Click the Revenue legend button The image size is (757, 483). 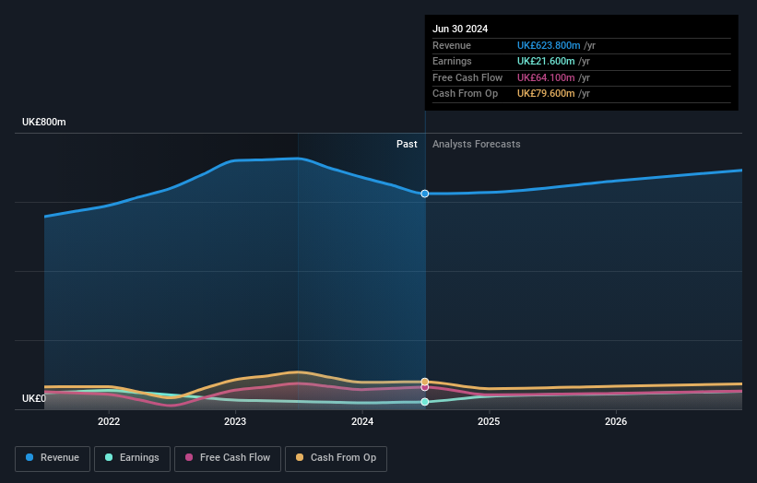53,458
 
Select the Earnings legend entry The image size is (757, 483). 131,458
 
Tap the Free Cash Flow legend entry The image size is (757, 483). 227,458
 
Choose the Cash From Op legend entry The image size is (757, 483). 336,458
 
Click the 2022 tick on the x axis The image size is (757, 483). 109,422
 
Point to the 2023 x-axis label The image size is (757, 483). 235,422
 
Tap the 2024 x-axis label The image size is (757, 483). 362,422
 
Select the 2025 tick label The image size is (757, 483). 489,422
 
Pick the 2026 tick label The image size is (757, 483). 616,422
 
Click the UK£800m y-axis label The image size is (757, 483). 44,122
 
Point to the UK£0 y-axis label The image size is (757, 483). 34,399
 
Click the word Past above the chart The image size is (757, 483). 407,145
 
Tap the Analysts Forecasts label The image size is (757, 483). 476,145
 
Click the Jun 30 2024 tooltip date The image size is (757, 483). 460,29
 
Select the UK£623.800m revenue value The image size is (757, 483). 549,45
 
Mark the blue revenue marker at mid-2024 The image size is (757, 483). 425,194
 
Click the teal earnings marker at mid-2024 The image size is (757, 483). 425,402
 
